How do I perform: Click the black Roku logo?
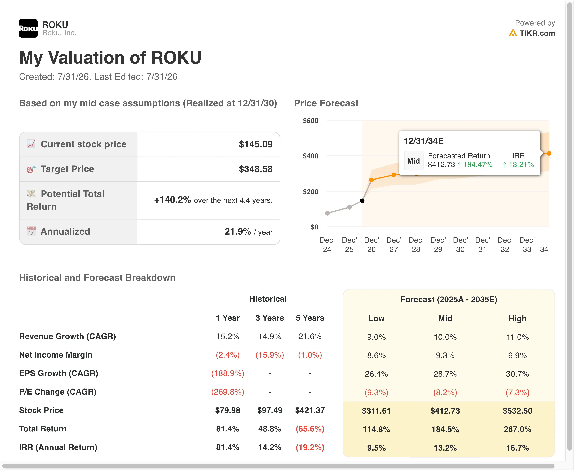click(28, 28)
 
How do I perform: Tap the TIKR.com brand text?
click(537, 33)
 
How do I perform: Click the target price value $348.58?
click(256, 169)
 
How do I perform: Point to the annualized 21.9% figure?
click(238, 231)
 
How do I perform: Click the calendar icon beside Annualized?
click(31, 231)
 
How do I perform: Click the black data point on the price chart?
click(362, 201)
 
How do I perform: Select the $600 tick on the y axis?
click(311, 121)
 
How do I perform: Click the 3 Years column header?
click(270, 318)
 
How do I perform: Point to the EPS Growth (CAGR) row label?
click(59, 373)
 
